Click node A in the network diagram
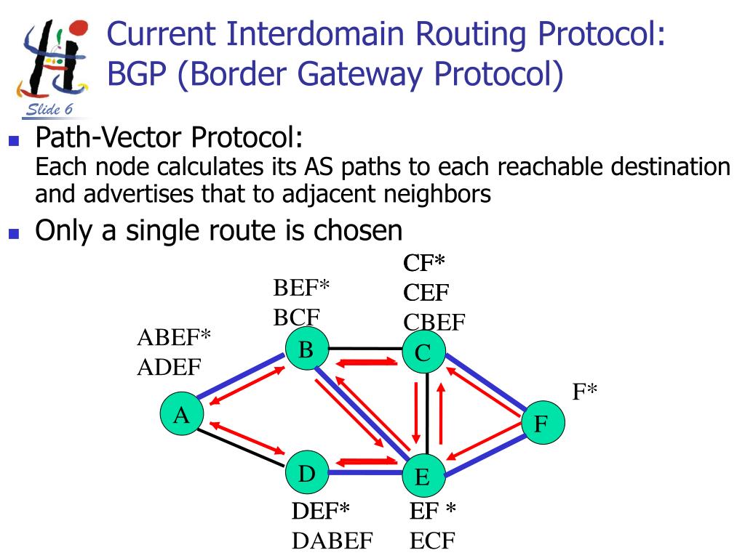[x=181, y=416]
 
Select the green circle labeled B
[x=306, y=351]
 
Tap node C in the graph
[x=423, y=354]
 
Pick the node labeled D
[x=306, y=474]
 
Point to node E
[x=423, y=477]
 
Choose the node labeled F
[x=541, y=423]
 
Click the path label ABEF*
[x=174, y=338]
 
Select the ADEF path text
[x=169, y=368]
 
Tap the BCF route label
[x=297, y=318]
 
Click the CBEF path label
[x=434, y=322]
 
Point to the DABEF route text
[x=332, y=541]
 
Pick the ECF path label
[x=433, y=541]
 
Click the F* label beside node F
[x=584, y=392]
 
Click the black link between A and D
[x=240, y=448]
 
